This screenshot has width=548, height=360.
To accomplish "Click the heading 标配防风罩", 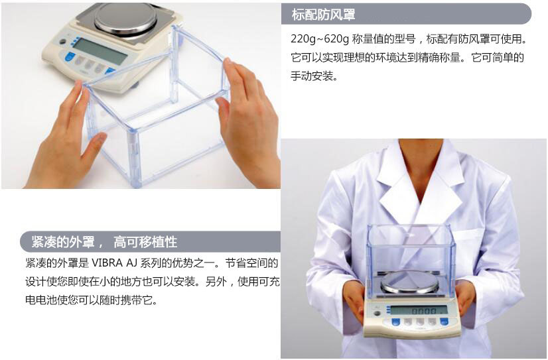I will click(323, 15).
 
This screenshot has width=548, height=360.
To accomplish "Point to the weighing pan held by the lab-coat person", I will click(409, 282).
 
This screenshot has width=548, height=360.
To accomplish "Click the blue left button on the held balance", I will click(396, 322).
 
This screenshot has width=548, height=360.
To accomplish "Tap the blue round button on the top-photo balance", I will click(68, 58).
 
